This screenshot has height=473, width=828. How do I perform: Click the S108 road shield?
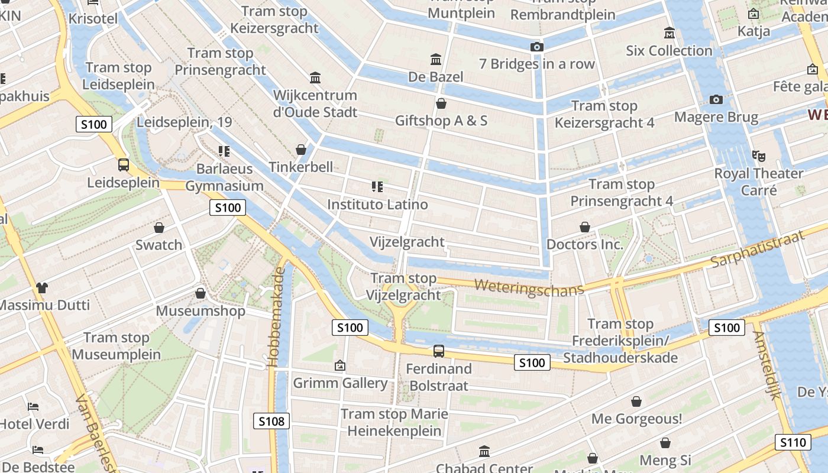272,421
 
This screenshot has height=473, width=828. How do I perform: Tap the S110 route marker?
793,442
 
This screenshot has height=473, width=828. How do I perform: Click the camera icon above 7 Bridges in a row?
536,47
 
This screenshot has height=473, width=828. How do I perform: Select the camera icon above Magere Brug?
716,99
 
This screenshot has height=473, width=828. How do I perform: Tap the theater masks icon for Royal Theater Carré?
759,156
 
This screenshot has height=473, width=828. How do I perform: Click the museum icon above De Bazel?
436,59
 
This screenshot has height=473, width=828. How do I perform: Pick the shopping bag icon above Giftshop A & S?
441,103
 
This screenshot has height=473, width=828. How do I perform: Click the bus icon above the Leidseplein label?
123,165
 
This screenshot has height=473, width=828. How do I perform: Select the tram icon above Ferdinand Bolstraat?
438,351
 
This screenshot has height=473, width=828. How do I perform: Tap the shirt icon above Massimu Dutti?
41,288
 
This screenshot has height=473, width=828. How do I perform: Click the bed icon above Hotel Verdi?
33,407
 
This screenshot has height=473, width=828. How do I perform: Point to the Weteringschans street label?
529,287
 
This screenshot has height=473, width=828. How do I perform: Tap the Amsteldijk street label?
768,365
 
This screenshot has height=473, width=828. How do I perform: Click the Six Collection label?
669,51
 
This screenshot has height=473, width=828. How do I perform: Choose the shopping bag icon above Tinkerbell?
300,150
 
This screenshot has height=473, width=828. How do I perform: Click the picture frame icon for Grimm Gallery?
339,366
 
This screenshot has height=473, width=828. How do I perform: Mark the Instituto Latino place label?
377,205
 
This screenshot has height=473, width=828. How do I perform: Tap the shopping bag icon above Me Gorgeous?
636,402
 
